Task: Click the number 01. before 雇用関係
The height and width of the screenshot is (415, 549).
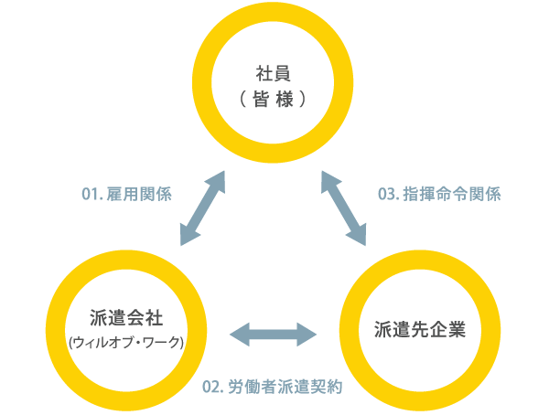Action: pyautogui.click(x=93, y=195)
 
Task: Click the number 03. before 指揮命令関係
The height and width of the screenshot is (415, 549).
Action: pyautogui.click(x=390, y=195)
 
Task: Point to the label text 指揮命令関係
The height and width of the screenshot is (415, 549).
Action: pyautogui.click(x=451, y=195)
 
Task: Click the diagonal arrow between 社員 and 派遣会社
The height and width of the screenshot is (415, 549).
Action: pyautogui.click(x=202, y=208)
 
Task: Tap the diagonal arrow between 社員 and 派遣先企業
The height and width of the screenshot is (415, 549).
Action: pyautogui.click(x=343, y=208)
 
